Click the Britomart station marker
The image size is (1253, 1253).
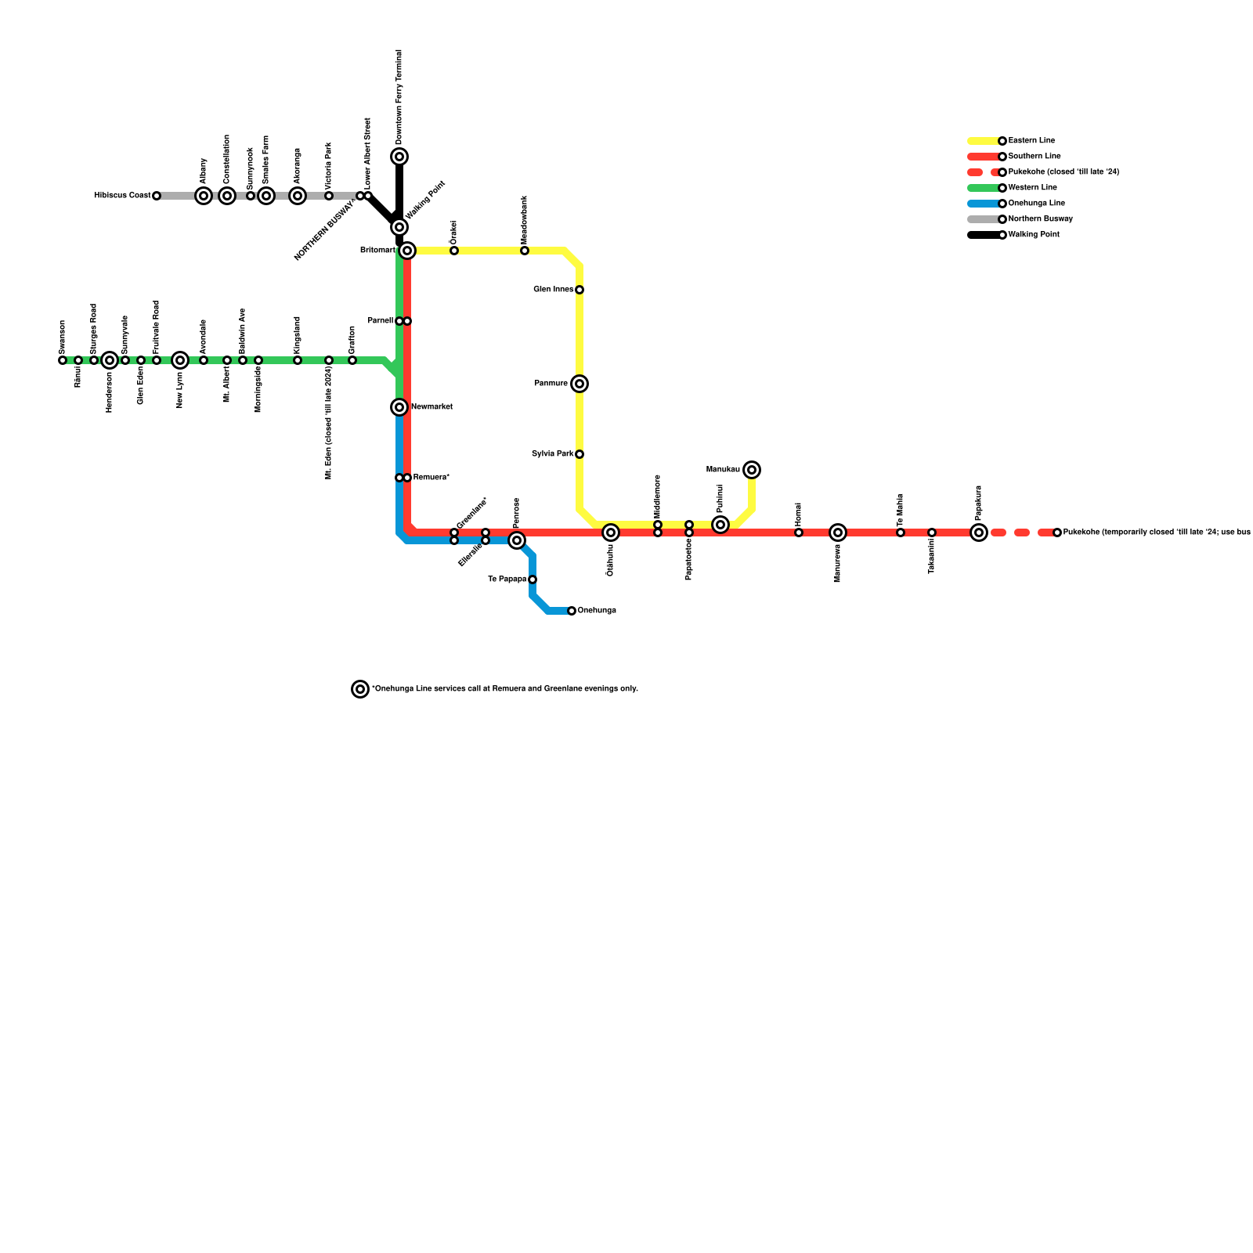click(407, 251)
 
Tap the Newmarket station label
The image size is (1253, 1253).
click(432, 407)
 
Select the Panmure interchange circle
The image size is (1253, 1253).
click(580, 384)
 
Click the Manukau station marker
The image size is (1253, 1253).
click(752, 470)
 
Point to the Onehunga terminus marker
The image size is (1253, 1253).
click(572, 611)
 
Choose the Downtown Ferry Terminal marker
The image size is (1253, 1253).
click(399, 157)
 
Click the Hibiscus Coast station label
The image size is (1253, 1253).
click(122, 196)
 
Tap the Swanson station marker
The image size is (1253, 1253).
click(63, 360)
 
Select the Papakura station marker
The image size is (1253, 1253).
click(979, 533)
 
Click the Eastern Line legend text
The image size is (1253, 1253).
click(1031, 141)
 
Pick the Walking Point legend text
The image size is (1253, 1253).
click(1034, 235)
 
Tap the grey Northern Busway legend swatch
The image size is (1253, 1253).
click(984, 219)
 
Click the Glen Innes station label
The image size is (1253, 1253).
click(554, 290)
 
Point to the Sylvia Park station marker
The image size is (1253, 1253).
click(580, 454)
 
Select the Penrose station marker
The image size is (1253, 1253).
click(517, 540)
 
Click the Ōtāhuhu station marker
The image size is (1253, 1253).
click(611, 533)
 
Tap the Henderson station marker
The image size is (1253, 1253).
click(110, 360)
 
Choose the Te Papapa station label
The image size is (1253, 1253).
click(507, 580)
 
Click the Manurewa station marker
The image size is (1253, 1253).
click(838, 533)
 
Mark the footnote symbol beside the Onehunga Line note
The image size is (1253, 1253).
click(360, 689)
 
